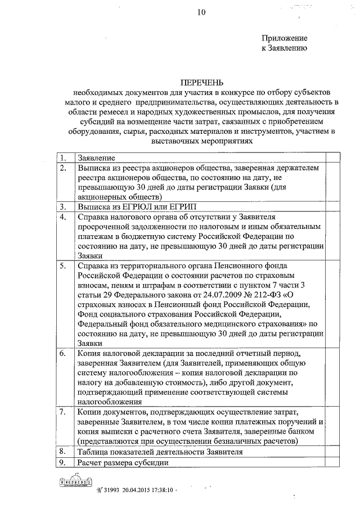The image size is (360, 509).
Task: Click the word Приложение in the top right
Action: tap(285, 38)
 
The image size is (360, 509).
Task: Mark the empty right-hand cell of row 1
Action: tap(332, 157)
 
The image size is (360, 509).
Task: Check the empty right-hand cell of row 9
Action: tap(332, 462)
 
